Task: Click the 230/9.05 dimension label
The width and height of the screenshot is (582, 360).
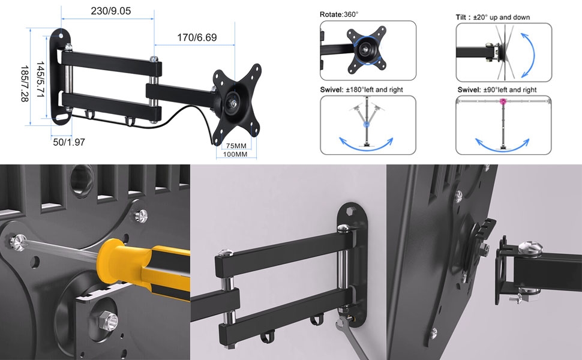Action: pos(110,11)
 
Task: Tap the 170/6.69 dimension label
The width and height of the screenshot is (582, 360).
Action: pos(197,37)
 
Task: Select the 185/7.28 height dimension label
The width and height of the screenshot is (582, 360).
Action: pos(25,83)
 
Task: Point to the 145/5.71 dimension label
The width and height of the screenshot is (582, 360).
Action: pos(40,79)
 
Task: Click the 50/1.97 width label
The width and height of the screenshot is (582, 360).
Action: pos(69,142)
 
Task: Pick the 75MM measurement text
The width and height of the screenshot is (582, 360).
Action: pos(236,146)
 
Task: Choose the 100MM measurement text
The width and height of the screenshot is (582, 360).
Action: pos(235,154)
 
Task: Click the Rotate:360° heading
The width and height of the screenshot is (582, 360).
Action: pos(339,14)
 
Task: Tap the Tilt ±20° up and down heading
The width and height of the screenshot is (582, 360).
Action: pos(493,17)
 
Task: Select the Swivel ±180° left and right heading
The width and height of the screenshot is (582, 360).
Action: pos(362,89)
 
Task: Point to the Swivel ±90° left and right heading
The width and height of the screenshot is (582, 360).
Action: pos(497,90)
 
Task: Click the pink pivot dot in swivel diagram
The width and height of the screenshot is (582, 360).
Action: pos(503,101)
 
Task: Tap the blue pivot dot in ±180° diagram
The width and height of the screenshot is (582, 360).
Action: pos(367,125)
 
